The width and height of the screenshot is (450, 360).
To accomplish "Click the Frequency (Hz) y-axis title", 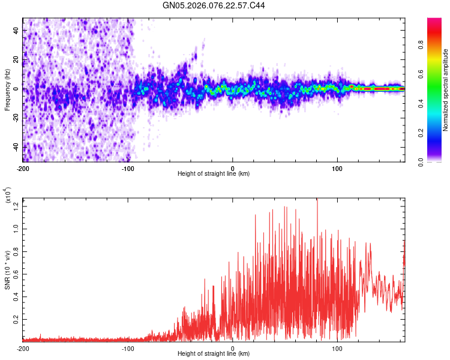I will coord(8,89).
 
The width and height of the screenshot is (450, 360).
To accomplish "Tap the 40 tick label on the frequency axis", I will coord(17,30).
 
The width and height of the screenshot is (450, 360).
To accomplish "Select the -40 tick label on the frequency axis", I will coord(16,147).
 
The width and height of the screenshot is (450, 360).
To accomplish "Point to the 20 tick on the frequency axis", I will coord(17,59).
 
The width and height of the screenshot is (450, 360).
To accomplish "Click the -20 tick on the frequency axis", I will coord(16,118).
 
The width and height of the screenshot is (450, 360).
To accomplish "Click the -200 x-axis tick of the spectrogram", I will coord(23,167).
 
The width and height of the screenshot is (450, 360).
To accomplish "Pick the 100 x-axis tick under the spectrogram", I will coord(337,167).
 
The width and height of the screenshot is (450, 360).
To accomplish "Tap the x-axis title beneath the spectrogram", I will coord(214,174).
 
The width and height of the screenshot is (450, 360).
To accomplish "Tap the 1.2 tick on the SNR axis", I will coord(16,206).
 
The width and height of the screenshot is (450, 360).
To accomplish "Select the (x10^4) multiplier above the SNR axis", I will coord(8,195).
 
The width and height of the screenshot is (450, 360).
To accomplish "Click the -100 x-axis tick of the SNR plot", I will coord(128,348).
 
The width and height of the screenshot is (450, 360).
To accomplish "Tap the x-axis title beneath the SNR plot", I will coord(214,355).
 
